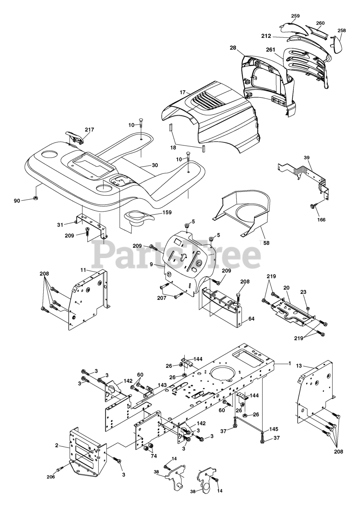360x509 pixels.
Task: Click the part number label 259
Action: point(295,16)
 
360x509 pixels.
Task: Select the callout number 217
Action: point(89,129)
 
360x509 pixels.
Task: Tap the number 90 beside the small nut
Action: point(17,201)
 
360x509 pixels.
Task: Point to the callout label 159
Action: point(166,212)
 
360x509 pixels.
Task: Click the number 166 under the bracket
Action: point(321,219)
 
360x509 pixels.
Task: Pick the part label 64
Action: point(252,319)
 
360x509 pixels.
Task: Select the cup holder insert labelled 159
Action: point(139,218)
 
